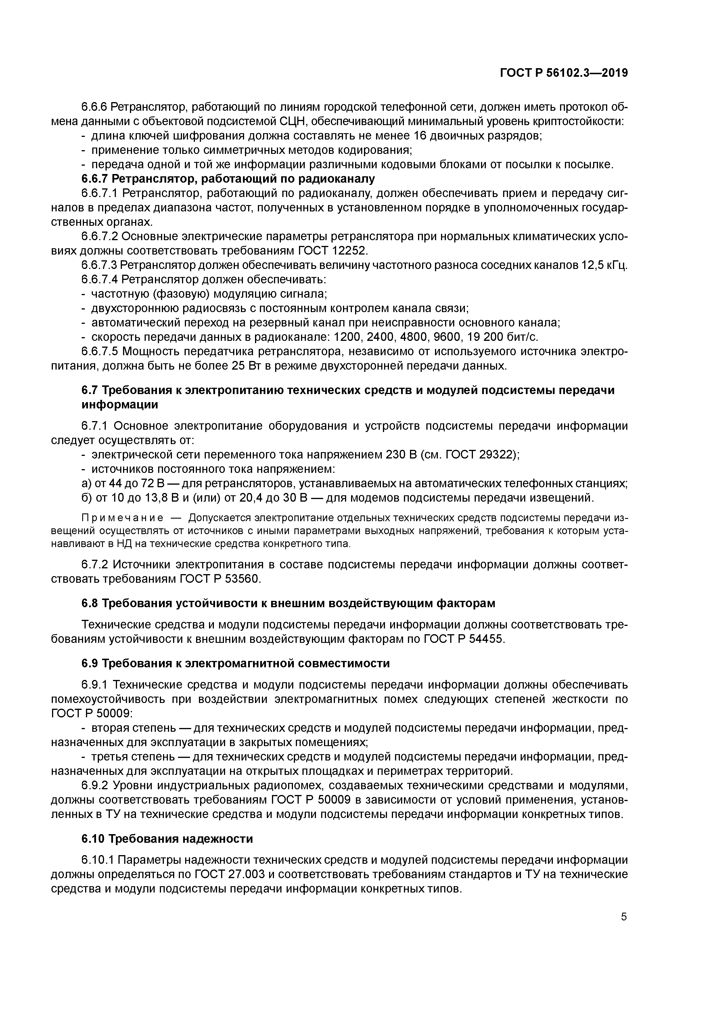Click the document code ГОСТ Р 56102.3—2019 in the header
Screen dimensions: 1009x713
click(563, 73)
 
